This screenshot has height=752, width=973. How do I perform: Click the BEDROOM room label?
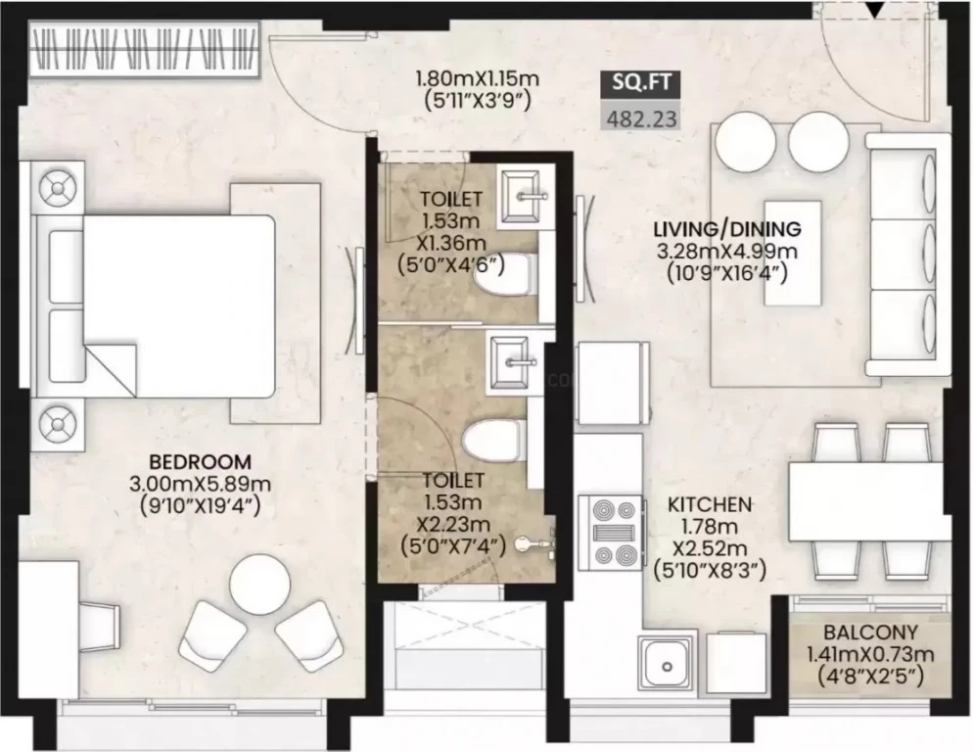201,462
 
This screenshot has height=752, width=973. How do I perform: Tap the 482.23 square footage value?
641,117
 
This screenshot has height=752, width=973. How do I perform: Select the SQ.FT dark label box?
641,84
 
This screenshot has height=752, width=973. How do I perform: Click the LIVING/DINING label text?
727,229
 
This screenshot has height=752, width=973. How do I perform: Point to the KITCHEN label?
710,504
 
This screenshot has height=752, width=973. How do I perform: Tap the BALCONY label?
870,633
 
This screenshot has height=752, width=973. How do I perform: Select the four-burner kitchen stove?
610,533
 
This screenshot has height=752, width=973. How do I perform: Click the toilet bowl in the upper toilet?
502,274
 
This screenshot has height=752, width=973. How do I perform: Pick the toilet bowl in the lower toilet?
492,441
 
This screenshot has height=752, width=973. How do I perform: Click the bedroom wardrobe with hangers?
144,50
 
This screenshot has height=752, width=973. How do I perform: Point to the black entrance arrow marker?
875,10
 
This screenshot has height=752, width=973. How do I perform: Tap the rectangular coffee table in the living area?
793,253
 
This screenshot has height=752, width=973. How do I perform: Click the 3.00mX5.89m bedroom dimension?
201,484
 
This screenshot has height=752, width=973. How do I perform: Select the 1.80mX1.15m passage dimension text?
477,79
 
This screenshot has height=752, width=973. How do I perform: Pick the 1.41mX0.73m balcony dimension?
870,654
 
